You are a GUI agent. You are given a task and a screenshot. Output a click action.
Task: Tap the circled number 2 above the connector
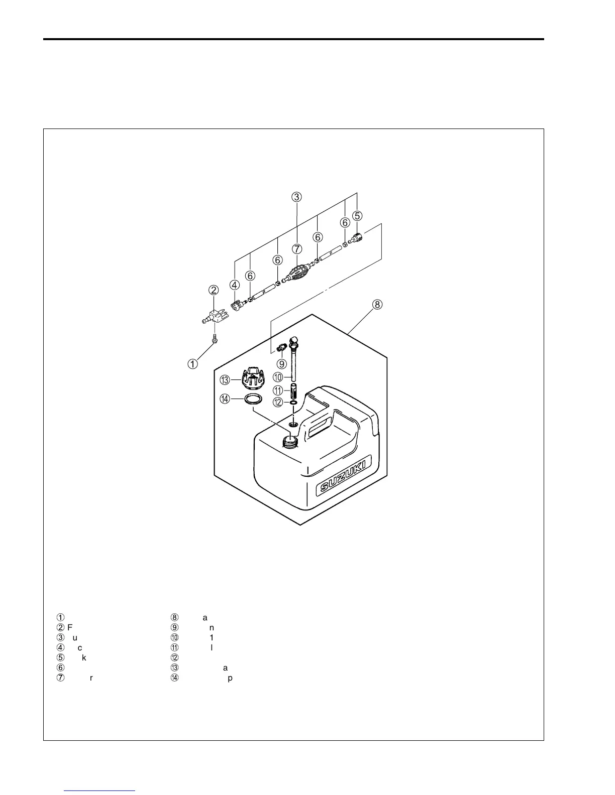[214, 290]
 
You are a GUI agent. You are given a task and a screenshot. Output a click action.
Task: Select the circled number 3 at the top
[297, 197]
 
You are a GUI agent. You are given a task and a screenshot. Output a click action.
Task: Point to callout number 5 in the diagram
[357, 216]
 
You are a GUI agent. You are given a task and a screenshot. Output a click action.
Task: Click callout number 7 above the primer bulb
[297, 248]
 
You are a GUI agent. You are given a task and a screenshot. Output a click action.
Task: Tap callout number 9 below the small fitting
[281, 363]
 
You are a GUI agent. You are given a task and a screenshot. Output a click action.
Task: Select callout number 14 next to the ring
[225, 399]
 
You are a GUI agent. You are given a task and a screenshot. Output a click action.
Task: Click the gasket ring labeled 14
[254, 400]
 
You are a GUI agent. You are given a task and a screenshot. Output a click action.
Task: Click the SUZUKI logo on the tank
[344, 475]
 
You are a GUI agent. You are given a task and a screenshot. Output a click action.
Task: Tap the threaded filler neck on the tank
[289, 441]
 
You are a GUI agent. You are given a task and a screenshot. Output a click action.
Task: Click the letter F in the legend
[69, 627]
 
